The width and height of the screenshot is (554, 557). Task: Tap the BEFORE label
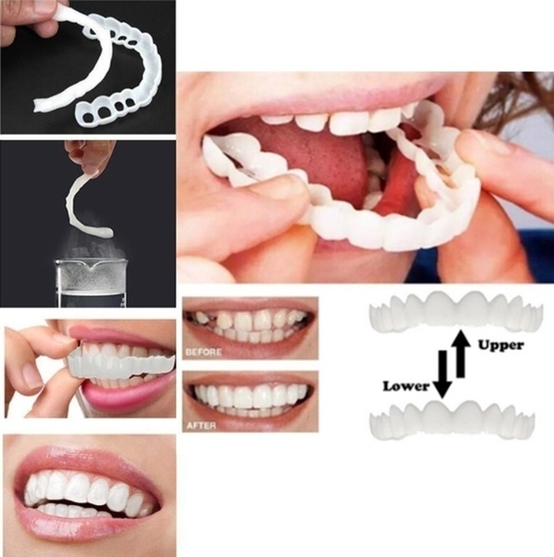[x=204, y=353]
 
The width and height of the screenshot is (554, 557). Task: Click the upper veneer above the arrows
[x=455, y=310]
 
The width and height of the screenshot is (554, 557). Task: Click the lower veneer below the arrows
[x=453, y=419]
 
